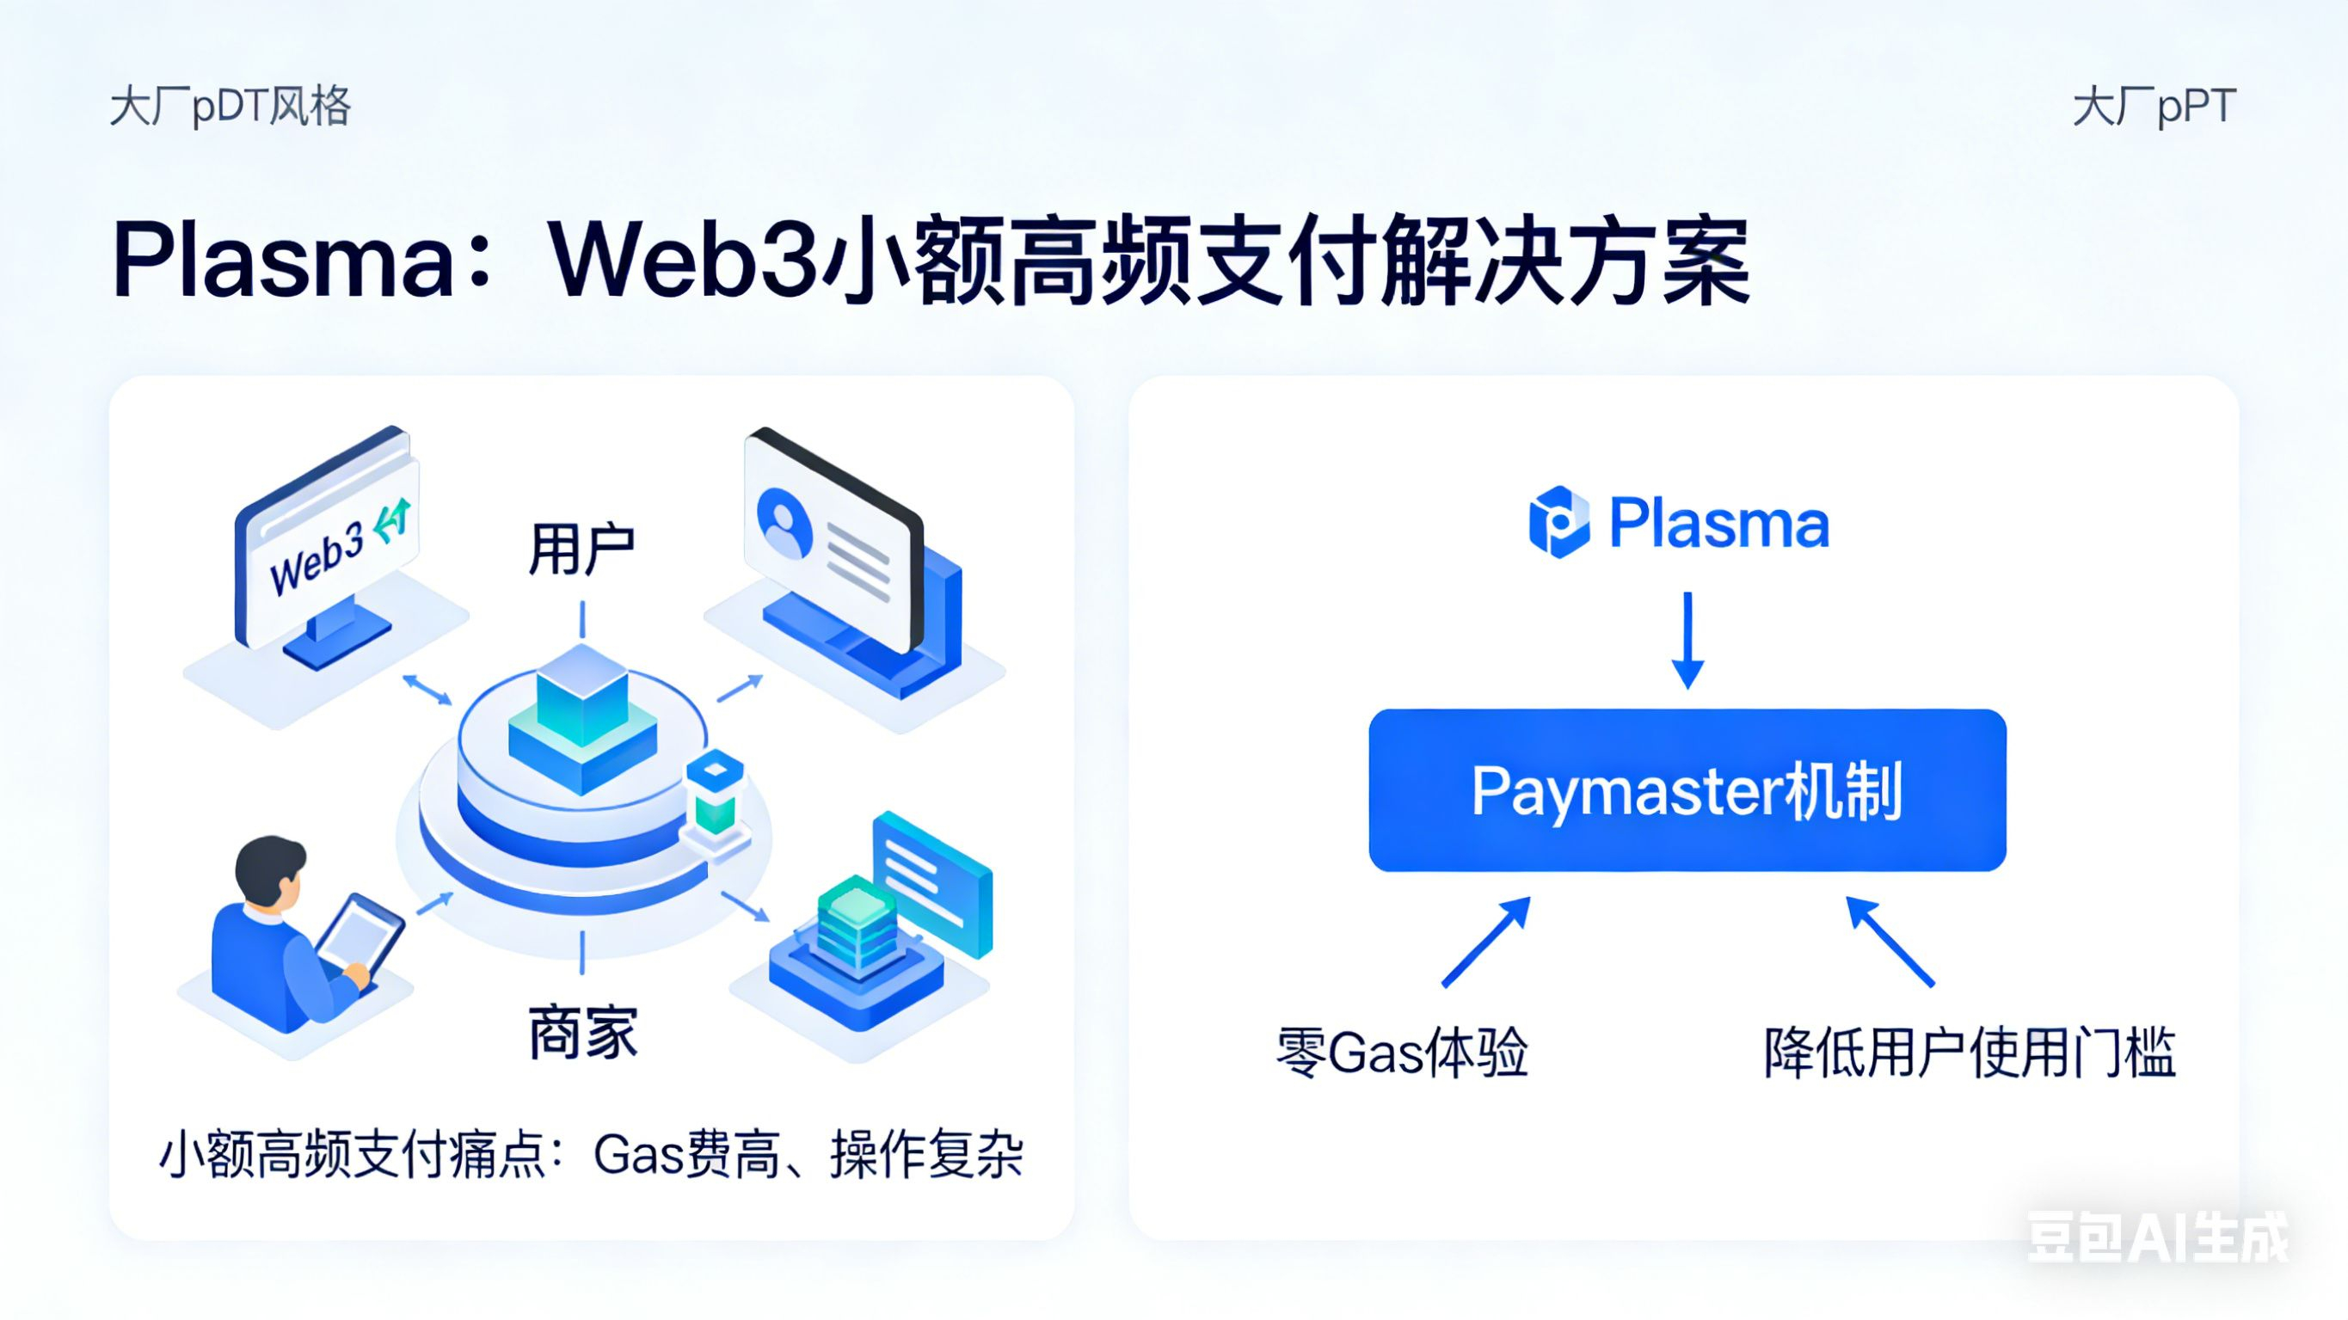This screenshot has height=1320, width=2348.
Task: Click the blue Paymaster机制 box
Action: pos(1687,789)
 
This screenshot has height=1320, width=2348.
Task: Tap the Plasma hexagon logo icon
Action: pos(1558,522)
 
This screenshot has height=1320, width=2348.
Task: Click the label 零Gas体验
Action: pos(1401,1053)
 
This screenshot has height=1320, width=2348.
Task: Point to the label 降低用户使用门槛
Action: pos(1969,1053)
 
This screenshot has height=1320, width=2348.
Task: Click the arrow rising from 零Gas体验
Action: pos(1485,942)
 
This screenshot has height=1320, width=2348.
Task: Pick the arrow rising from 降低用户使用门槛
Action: pos(1890,942)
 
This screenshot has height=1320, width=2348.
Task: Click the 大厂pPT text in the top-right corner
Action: pos(2154,107)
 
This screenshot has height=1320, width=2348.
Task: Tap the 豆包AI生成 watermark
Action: pos(2156,1237)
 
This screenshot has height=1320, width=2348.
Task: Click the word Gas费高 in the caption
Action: pos(685,1155)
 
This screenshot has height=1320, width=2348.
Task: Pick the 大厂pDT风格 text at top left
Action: pos(230,107)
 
